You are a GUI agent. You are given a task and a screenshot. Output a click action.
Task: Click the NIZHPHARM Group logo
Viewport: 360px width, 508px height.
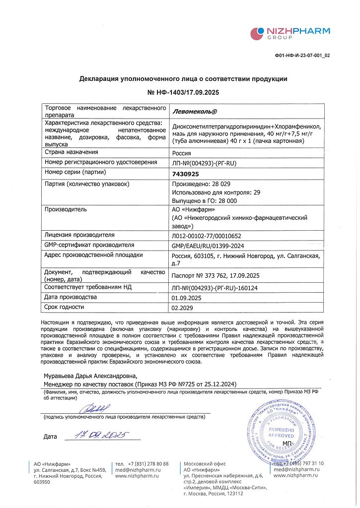(290, 34)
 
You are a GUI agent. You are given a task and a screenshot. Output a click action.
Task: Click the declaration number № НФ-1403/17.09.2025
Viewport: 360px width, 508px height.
(183, 93)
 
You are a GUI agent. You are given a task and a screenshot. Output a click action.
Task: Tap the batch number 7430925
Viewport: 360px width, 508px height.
(185, 174)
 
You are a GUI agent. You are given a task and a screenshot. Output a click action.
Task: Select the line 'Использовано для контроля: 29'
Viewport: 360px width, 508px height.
(216, 192)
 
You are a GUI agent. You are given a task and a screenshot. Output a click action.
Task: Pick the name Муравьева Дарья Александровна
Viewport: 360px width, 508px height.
(90, 376)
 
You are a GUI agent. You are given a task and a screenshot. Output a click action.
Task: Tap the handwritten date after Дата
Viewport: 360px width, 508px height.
(99, 436)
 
